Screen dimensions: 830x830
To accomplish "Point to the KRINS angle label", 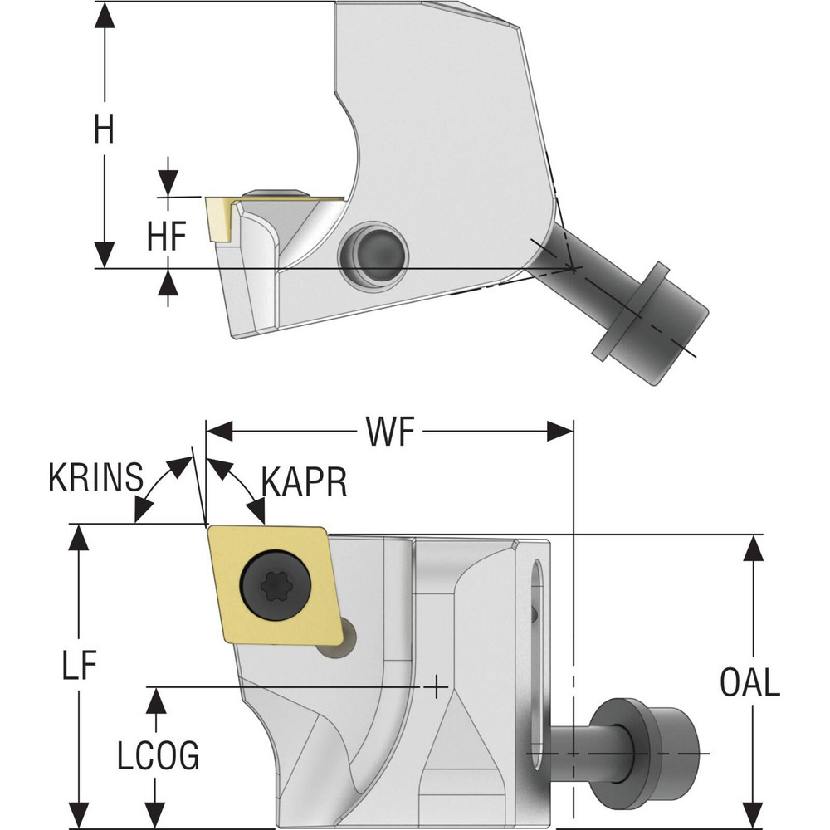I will (95, 481).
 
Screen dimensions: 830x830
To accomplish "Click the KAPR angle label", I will (303, 481).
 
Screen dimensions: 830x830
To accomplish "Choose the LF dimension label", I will (79, 664).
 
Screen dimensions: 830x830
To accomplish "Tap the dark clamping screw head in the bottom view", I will (647, 751).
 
